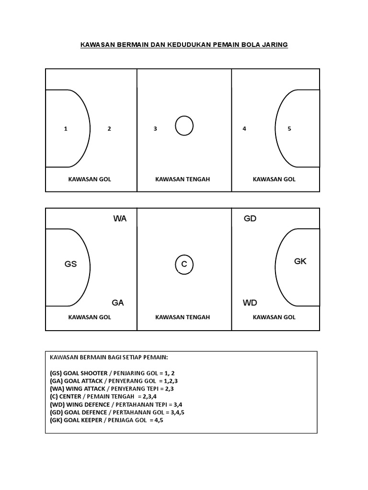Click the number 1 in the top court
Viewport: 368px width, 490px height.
point(66,129)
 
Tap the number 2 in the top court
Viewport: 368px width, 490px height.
point(109,129)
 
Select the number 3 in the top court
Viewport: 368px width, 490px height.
point(155,129)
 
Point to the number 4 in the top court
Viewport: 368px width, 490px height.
point(244,129)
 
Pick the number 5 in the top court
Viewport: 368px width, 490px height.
point(289,129)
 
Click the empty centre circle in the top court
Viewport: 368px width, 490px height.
point(184,126)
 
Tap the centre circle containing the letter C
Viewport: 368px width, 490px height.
point(184,265)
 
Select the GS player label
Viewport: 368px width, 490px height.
point(70,264)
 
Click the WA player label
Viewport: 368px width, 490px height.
point(120,219)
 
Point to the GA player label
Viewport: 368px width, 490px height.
point(118,303)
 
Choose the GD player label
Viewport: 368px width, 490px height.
point(250,219)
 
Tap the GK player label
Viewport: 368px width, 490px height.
point(300,261)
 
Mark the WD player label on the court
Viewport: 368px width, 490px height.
point(250,303)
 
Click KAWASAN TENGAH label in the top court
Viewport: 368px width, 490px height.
point(183,179)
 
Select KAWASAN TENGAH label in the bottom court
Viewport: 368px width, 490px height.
point(183,317)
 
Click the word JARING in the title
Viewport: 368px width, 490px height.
point(274,45)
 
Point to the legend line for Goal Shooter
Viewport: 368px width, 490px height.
point(108,373)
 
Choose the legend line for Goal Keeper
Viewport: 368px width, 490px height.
point(106,420)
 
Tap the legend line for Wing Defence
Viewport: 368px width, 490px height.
point(109,404)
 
